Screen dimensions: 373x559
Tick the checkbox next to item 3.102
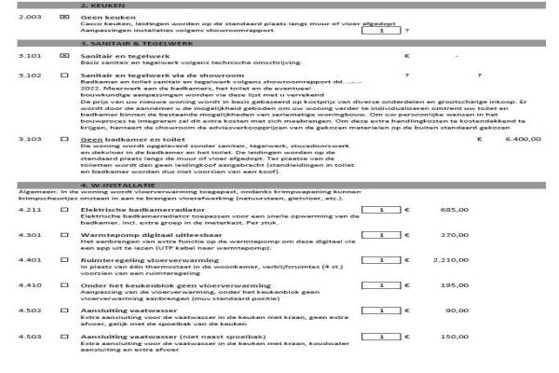(x=64, y=75)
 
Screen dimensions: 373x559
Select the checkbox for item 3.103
(x=64, y=138)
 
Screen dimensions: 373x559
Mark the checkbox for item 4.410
(x=64, y=311)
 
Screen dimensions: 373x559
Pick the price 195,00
(x=453, y=311)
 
